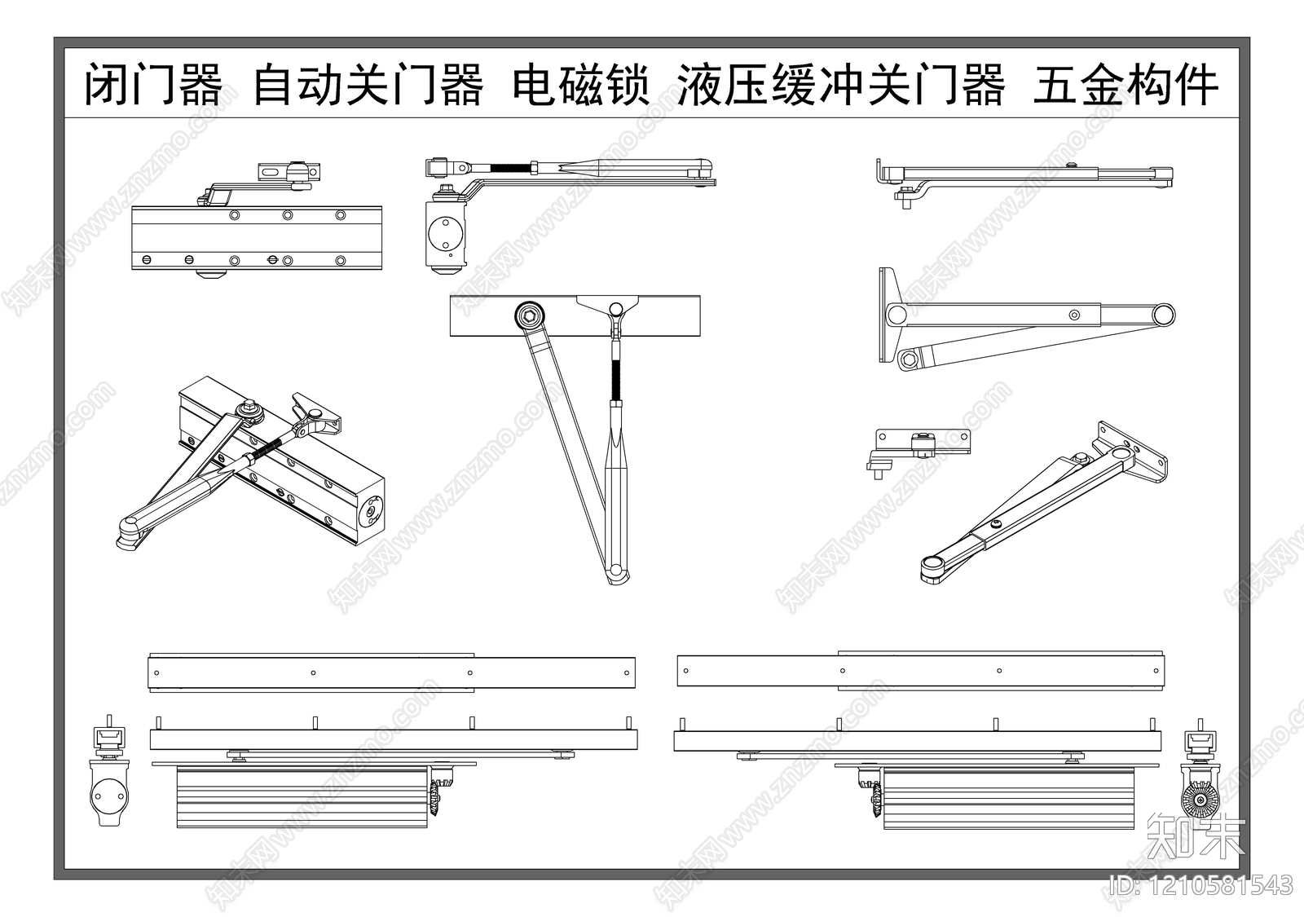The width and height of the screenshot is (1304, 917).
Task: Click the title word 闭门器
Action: [154, 86]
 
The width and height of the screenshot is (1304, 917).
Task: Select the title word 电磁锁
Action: [580, 86]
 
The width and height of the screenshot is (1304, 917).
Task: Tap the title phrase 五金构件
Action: [1126, 86]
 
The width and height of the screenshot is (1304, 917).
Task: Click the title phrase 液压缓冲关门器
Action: [841, 86]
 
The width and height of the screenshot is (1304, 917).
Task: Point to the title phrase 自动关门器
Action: [368, 86]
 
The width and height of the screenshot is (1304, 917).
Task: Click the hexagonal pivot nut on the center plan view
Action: [529, 315]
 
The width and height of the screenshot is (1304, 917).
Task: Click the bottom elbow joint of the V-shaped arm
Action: [618, 571]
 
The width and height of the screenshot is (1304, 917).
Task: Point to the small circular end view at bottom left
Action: [108, 792]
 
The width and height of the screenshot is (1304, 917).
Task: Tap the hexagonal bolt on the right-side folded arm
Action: [910, 358]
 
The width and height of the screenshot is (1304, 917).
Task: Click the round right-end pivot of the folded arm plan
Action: [1163, 315]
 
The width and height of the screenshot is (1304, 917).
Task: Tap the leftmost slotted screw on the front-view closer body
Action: [147, 259]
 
